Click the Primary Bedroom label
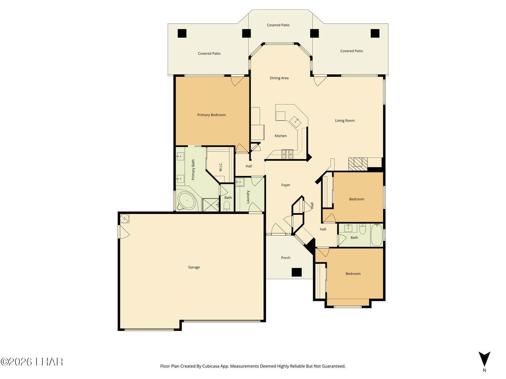[x=211, y=115]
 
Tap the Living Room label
[x=345, y=120]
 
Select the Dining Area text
[x=279, y=78]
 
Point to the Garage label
[x=194, y=267]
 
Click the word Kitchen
[x=281, y=136]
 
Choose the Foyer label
[x=286, y=185]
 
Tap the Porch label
[x=286, y=258]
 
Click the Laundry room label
[x=248, y=197]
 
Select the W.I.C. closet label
[x=220, y=167]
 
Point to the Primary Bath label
[x=193, y=170]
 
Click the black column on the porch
[x=296, y=272]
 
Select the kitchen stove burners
[x=287, y=154]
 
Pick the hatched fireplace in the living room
[x=358, y=164]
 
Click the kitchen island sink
[x=296, y=121]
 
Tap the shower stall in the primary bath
[x=211, y=205]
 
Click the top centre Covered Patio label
[x=278, y=25]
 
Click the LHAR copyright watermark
[x=32, y=362]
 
